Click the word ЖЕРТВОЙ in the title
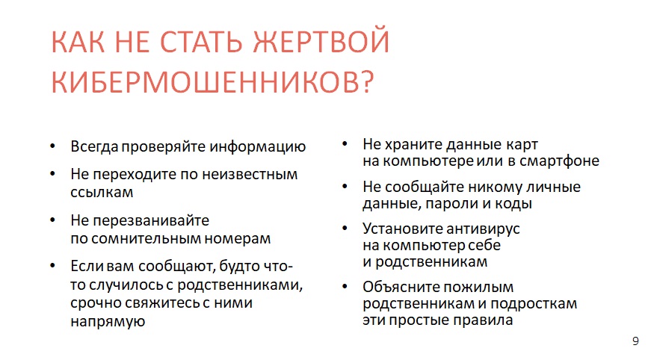click(321, 41)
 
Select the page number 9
click(635, 341)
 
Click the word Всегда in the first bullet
click(94, 147)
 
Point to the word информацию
click(257, 147)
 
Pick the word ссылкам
click(102, 193)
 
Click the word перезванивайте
click(151, 220)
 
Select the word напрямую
click(108, 321)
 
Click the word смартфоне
click(559, 161)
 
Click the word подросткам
click(534, 303)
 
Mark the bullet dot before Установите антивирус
click(345, 228)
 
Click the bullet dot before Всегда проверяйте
click(52, 146)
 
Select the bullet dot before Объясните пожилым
click(345, 286)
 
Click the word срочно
click(96, 303)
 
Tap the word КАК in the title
click(78, 41)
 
